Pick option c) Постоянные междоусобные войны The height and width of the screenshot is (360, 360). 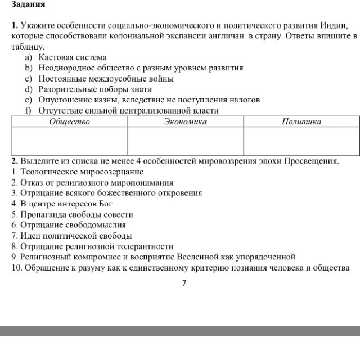click(106, 79)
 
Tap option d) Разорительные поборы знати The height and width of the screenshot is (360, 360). click(95, 89)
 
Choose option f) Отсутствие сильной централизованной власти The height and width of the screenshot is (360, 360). click(128, 110)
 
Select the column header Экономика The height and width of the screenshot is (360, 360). click(185, 121)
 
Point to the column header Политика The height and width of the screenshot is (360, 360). click(301, 121)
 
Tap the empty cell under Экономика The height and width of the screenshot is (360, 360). click(185, 140)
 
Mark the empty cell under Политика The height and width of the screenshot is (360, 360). click(301, 140)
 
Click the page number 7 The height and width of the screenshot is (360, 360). click(184, 283)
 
